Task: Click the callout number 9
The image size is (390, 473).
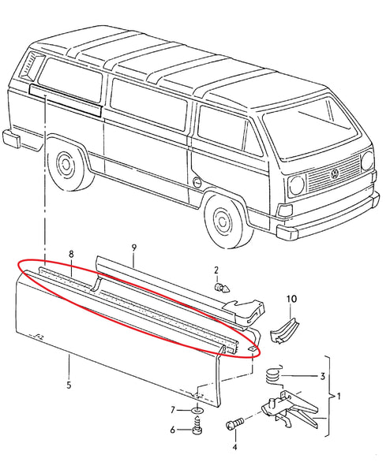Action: tap(133, 248)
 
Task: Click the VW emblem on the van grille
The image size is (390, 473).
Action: tap(335, 173)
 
